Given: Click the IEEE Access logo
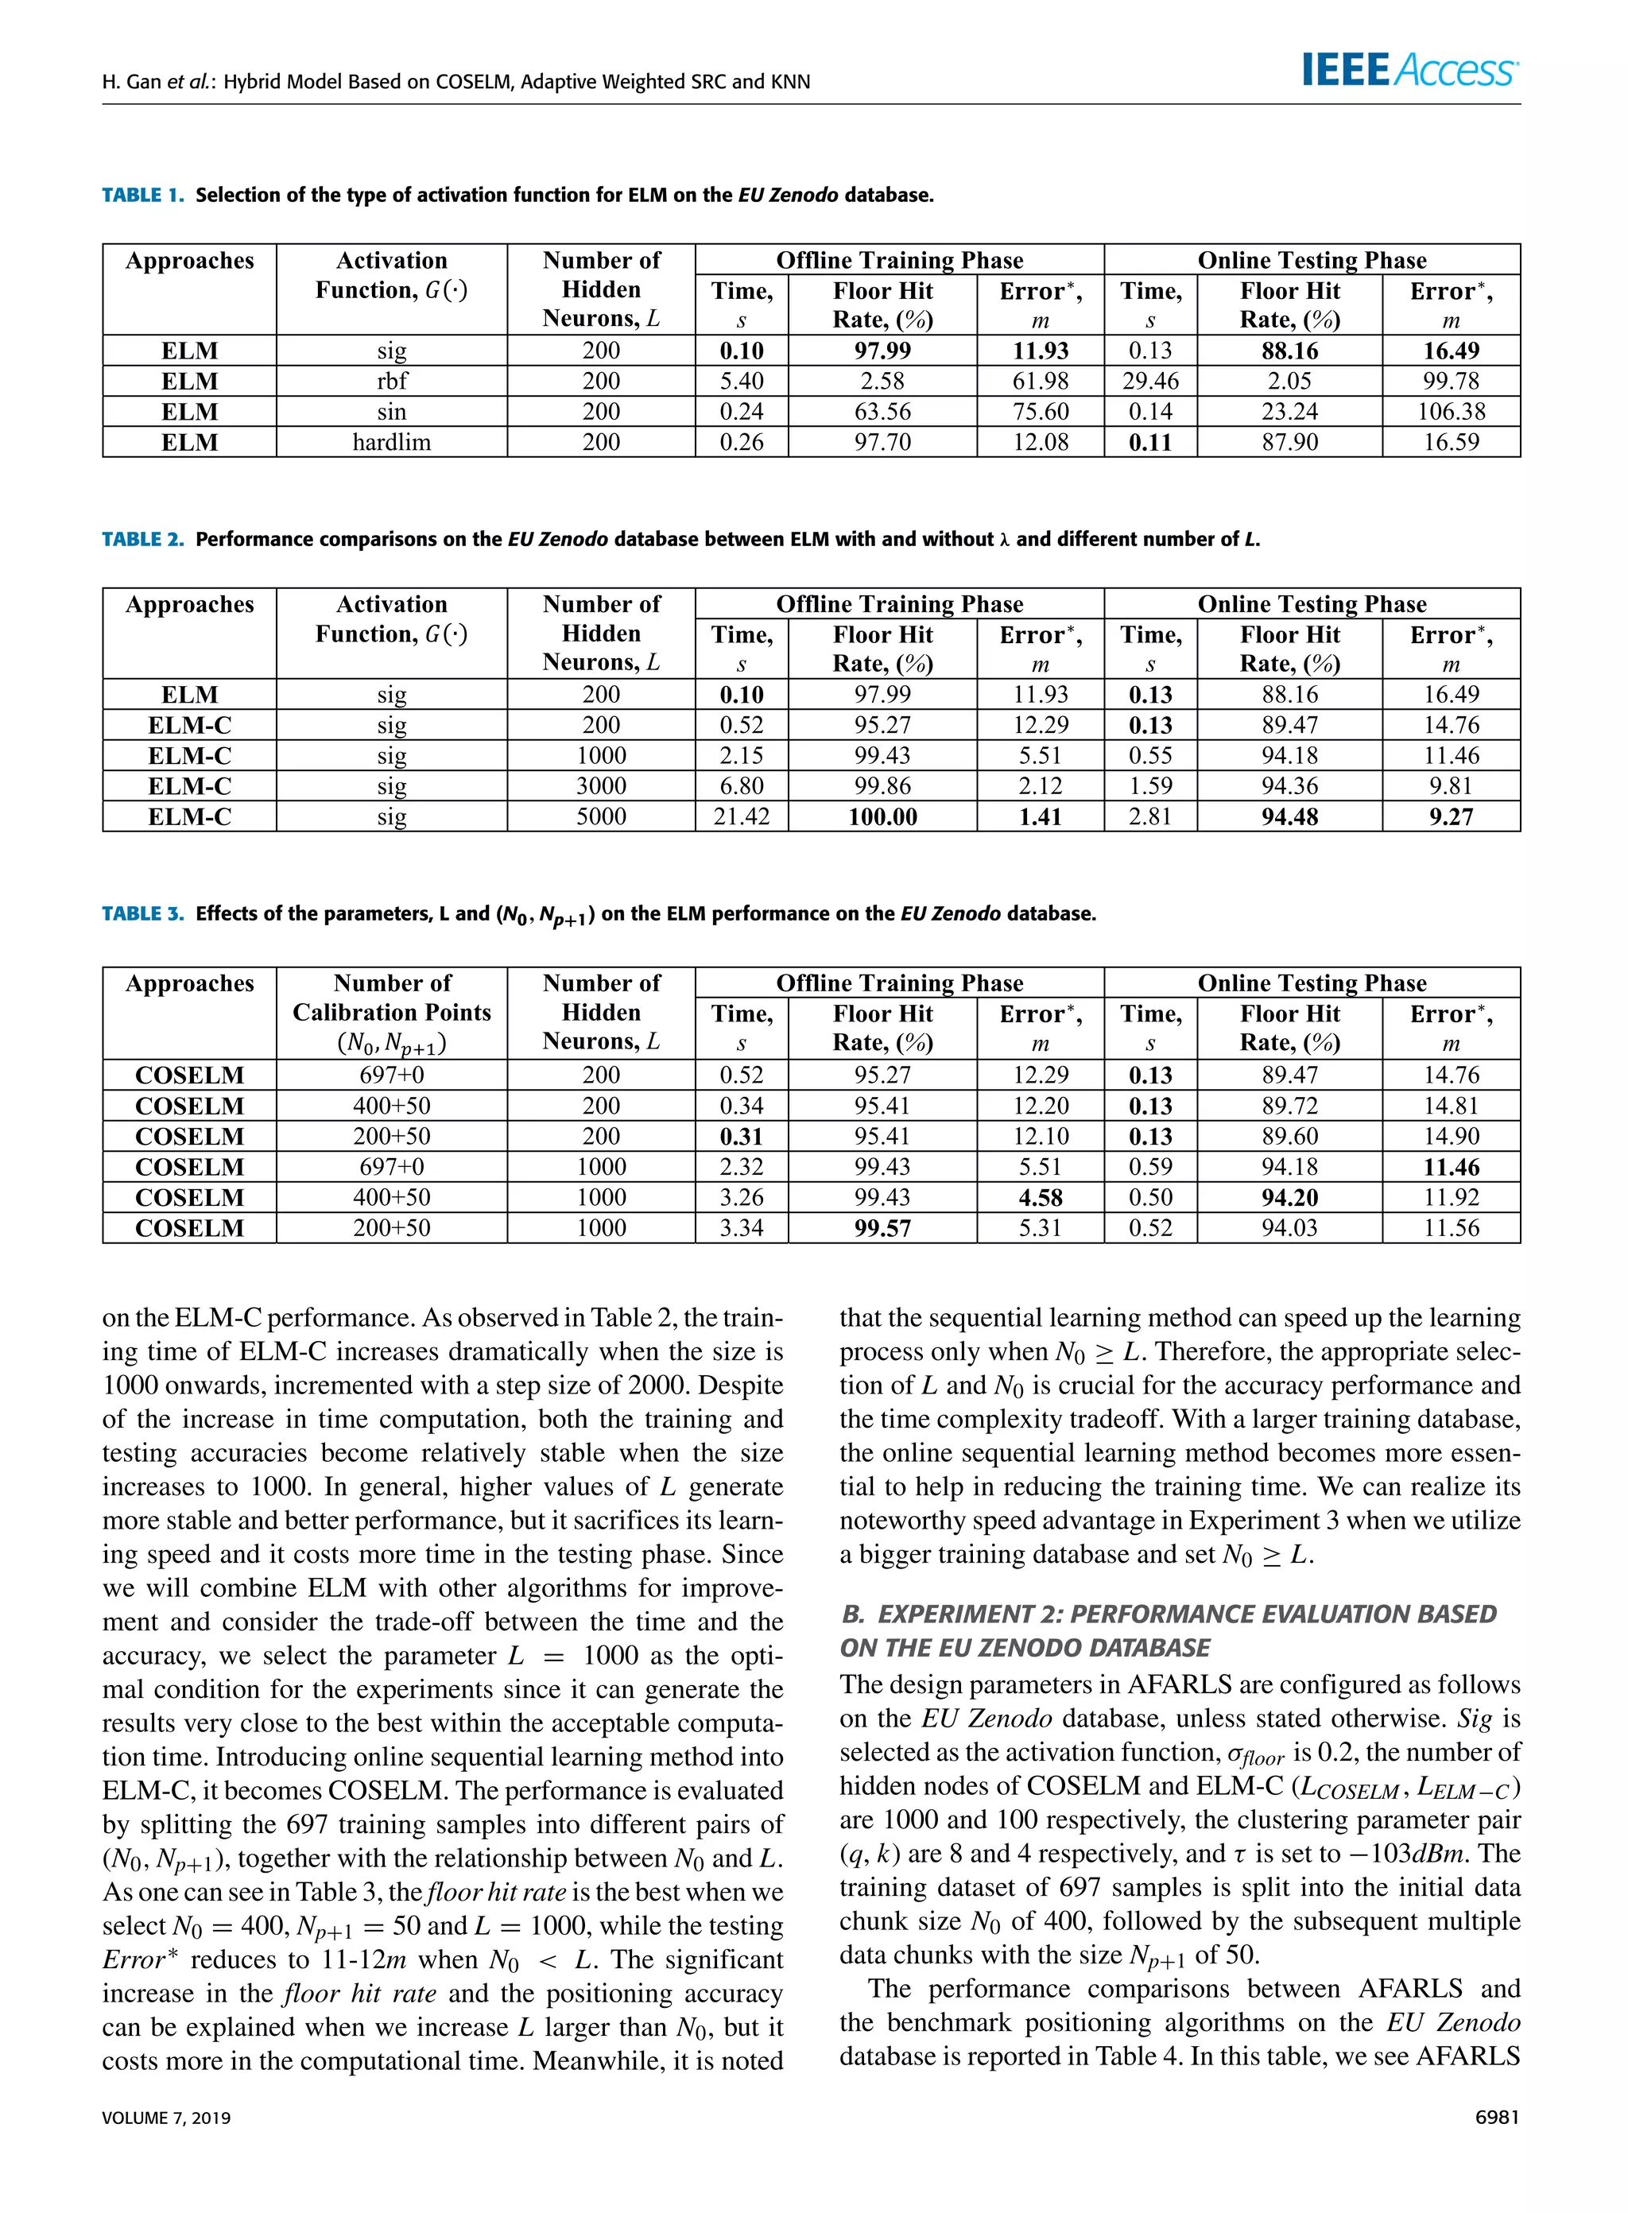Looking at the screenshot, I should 1409,71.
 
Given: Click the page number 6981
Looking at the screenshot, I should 1496,2118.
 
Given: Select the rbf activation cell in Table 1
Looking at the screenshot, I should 391,382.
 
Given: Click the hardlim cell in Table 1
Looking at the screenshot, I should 391,443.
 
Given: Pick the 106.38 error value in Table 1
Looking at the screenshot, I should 1451,412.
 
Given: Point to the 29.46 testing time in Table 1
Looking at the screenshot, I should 1150,382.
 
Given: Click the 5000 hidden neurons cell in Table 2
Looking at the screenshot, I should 601,817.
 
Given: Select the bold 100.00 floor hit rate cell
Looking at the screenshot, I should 882,817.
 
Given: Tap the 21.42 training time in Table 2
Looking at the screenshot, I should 741,817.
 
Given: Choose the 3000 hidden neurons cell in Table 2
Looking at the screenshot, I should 601,786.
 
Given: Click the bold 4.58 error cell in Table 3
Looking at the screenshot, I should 1041,1197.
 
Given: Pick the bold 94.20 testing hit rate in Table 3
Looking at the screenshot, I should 1289,1197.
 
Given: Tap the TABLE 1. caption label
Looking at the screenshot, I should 143,195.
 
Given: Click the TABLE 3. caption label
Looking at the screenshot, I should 143,913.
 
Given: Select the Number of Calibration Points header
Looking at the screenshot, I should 391,998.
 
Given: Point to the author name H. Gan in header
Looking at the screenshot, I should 132,82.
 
